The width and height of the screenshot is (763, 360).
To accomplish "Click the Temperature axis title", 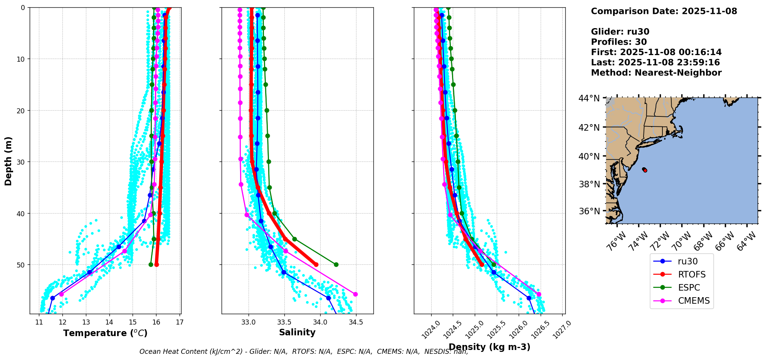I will coord(105,333).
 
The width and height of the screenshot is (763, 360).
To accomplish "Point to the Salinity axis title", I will coord(297,332).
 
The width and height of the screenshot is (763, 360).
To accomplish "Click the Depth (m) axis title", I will coord(8,161).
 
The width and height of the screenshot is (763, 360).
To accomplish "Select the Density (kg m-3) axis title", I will coord(489,347).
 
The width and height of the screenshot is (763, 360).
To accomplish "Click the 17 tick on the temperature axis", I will coord(180,322).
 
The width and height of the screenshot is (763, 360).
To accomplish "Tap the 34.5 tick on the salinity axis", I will coord(356,322).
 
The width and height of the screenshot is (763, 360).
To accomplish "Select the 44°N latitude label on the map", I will coord(589,99).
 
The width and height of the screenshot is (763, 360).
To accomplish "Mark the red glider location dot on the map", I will coord(645,170).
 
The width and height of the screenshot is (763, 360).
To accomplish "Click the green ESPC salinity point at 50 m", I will coord(336,264).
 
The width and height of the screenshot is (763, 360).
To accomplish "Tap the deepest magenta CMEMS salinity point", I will coord(355,294).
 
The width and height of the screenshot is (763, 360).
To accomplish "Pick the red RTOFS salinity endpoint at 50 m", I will coord(316,264).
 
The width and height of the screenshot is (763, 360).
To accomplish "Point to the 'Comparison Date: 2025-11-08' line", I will coord(664,11).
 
